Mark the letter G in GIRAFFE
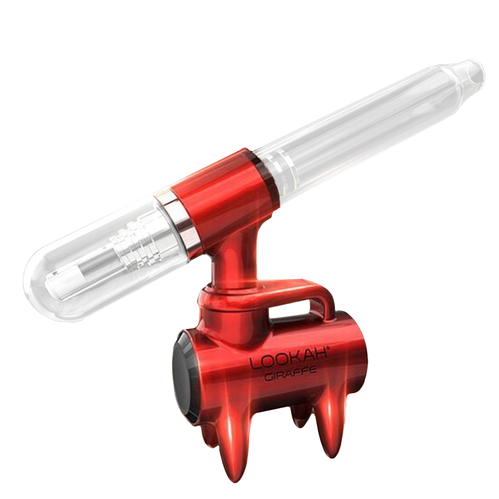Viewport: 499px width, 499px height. pyautogui.click(x=267, y=378)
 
